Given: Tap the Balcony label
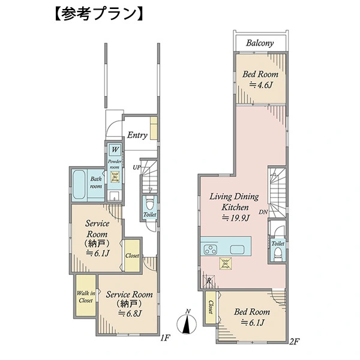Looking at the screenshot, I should tap(260, 43).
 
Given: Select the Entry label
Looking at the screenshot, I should tap(137, 135).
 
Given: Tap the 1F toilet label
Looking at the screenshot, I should tap(150, 214).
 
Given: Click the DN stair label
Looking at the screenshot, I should tap(263, 212).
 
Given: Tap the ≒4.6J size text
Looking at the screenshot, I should tap(260, 85).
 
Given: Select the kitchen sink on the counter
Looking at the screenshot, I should tap(238, 250).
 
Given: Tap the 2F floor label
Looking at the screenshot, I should tap(293, 341).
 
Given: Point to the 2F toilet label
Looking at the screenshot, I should tap(277, 244).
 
